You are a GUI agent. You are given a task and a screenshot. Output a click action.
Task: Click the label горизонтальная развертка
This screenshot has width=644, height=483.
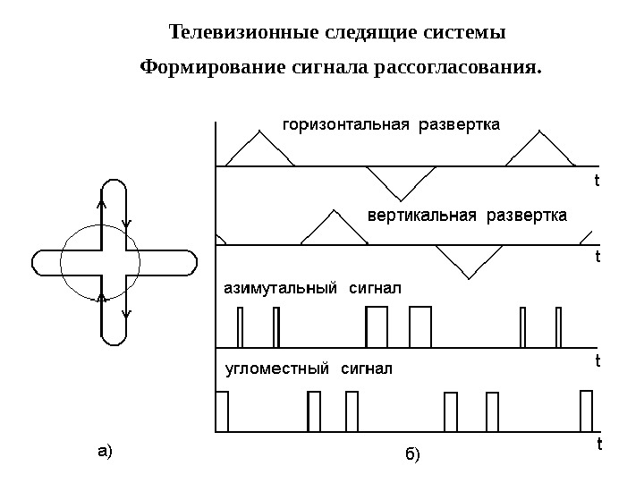[x=391, y=123]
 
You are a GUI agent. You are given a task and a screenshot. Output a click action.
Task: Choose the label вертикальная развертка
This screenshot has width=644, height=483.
[x=468, y=216]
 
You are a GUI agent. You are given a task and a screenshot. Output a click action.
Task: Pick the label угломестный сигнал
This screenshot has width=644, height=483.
[x=307, y=368]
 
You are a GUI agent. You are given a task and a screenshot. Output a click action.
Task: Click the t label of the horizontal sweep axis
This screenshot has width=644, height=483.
[x=597, y=180]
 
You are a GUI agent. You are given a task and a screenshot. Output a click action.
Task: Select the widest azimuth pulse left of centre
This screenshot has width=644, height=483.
[x=377, y=326]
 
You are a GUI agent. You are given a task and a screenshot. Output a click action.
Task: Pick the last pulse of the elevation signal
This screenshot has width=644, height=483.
[x=587, y=411]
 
